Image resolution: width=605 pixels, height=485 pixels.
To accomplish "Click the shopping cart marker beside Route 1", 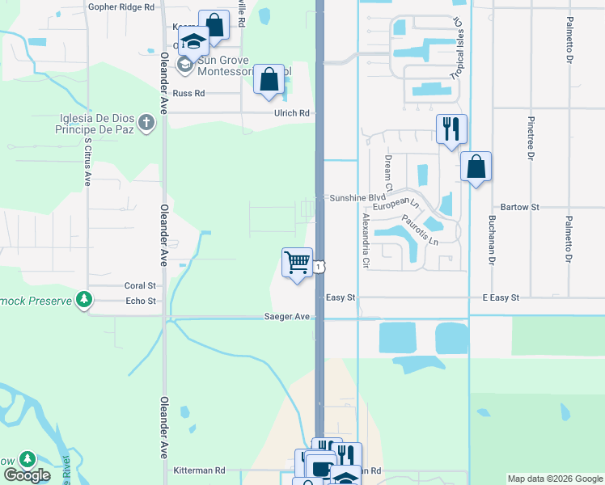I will click(298, 263).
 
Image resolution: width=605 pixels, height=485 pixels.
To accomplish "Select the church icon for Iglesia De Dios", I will click(146, 122).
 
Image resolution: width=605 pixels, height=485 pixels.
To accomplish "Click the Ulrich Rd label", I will click(291, 113).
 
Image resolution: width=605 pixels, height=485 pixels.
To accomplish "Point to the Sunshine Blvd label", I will click(356, 197).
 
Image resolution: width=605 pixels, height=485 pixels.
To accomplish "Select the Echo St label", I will click(141, 301).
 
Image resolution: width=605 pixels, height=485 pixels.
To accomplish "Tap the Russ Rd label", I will click(188, 93).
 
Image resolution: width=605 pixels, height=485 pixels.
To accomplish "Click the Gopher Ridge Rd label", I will click(121, 6).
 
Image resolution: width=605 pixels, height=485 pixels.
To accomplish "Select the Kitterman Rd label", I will click(199, 470).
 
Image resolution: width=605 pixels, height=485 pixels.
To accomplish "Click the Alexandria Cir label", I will click(365, 241).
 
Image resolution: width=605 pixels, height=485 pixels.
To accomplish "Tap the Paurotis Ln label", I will click(420, 230).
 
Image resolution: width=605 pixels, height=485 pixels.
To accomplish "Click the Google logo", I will click(26, 475).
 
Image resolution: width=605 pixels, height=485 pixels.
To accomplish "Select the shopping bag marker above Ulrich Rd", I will click(269, 80).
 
